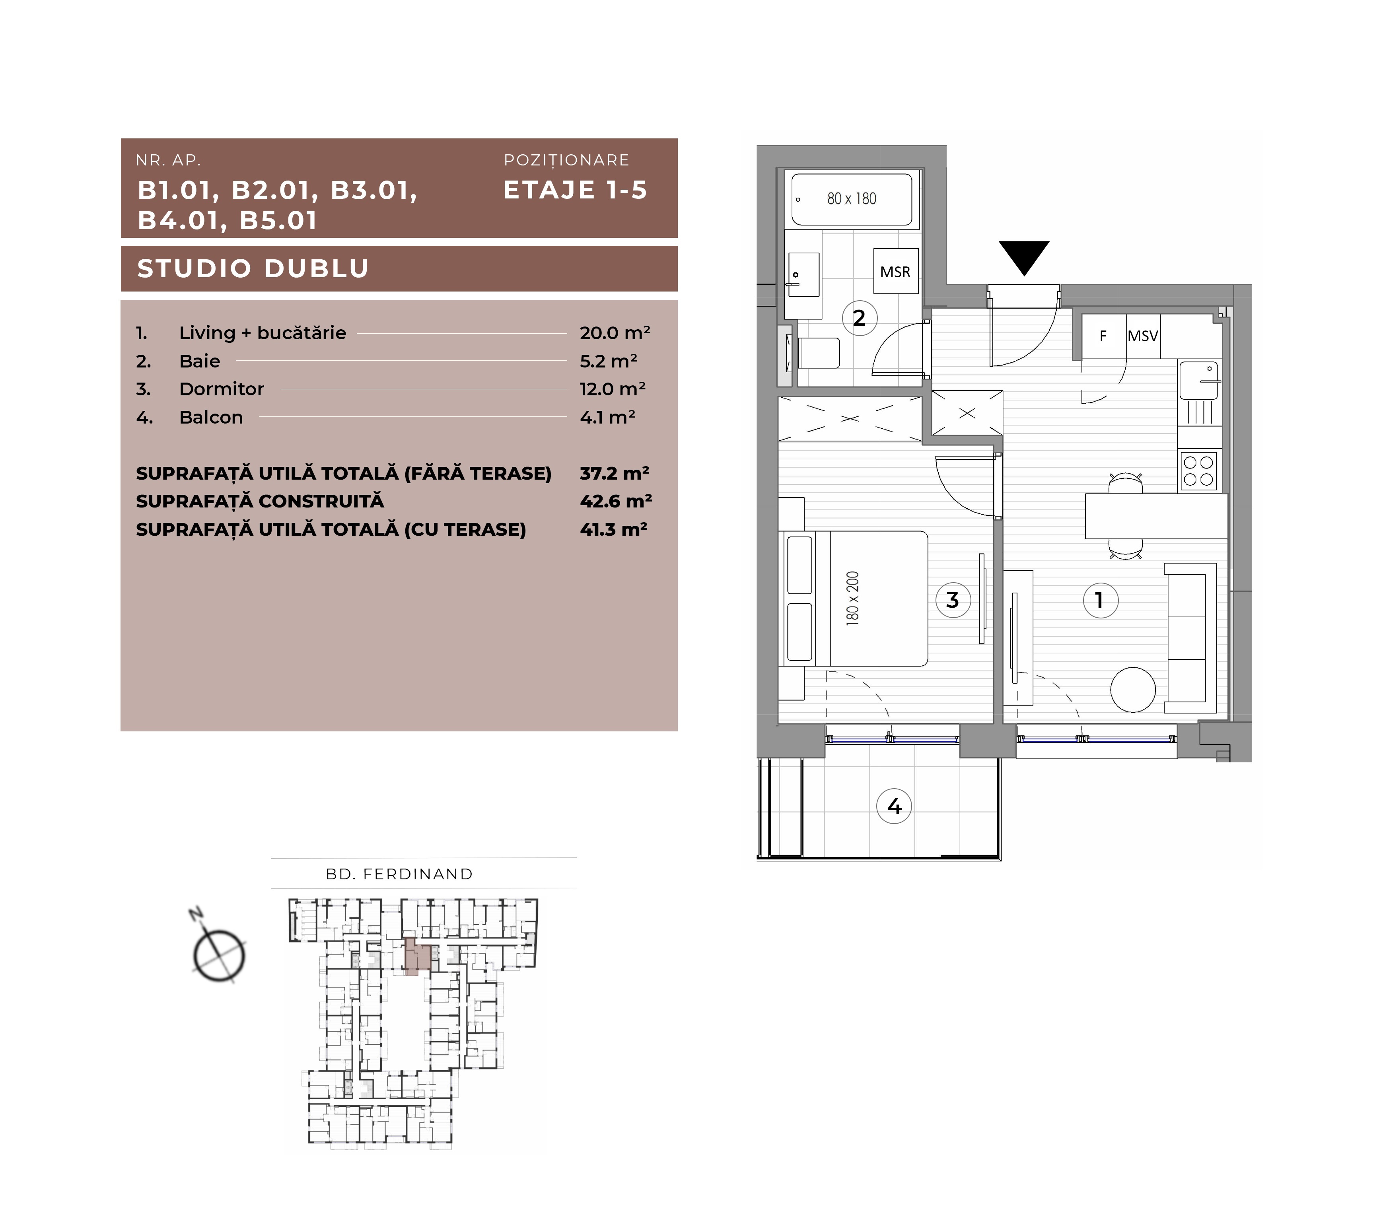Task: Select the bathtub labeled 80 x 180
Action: pyautogui.click(x=852, y=199)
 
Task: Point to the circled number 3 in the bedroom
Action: pyautogui.click(x=953, y=600)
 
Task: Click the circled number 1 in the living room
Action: pyautogui.click(x=1100, y=600)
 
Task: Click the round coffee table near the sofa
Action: pyautogui.click(x=1133, y=690)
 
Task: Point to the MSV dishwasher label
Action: pyautogui.click(x=1142, y=336)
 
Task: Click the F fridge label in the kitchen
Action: pyautogui.click(x=1103, y=336)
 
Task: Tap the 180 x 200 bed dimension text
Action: pyautogui.click(x=853, y=599)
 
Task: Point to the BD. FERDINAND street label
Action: pyautogui.click(x=399, y=874)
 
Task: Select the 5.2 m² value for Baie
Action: pyautogui.click(x=609, y=361)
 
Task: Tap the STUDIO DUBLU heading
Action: pyautogui.click(x=253, y=268)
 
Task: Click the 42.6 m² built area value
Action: pyautogui.click(x=615, y=501)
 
